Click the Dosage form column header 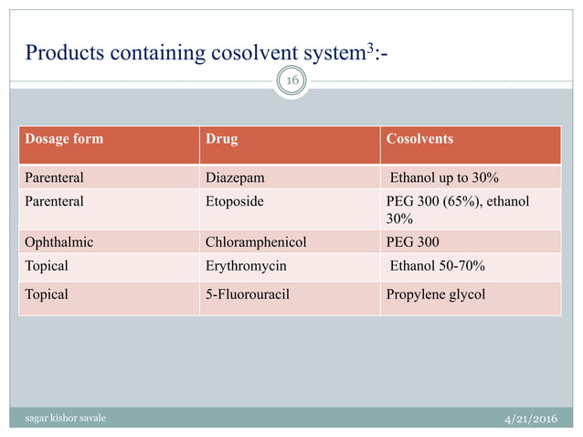pyautogui.click(x=64, y=140)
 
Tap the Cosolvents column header pyautogui.click(x=420, y=140)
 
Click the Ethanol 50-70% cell pyautogui.click(x=438, y=266)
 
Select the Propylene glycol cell pyautogui.click(x=437, y=295)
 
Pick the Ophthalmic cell pyautogui.click(x=59, y=242)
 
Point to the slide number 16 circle pyautogui.click(x=293, y=81)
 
